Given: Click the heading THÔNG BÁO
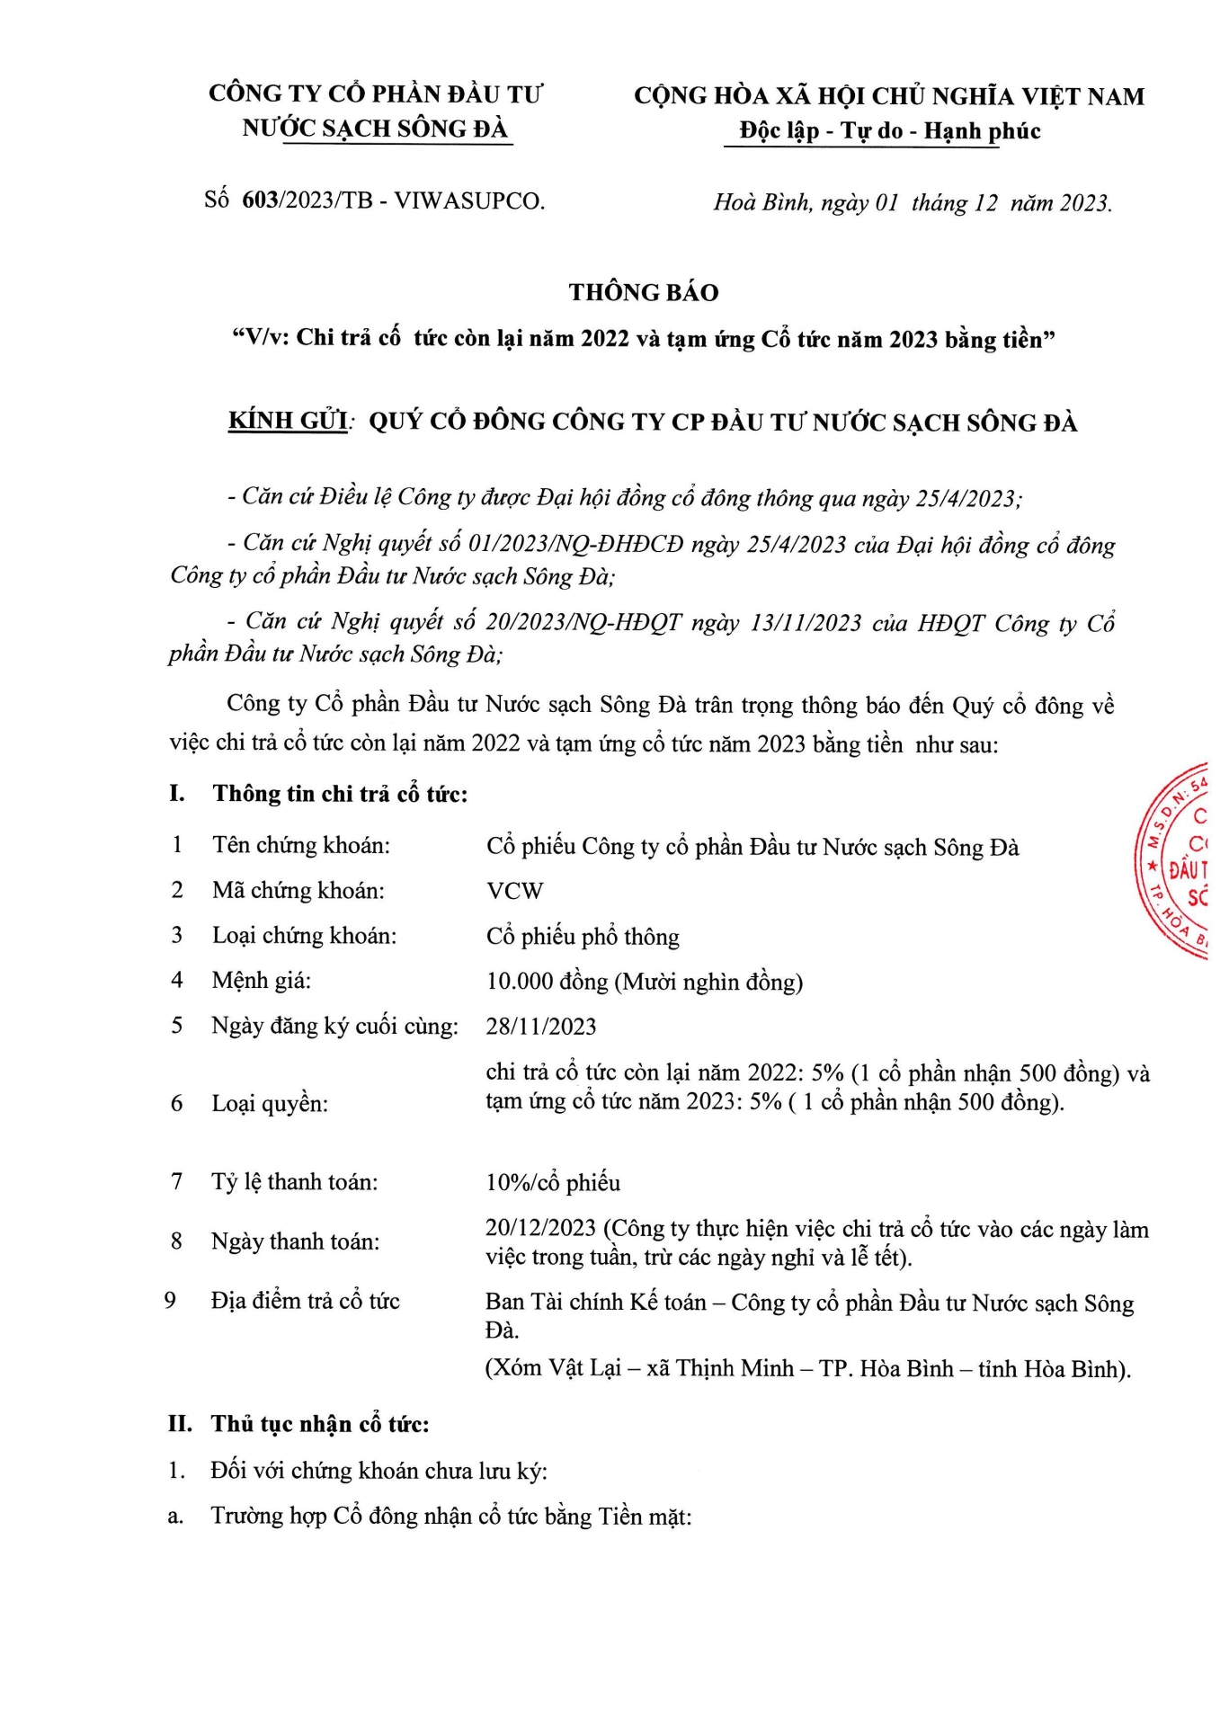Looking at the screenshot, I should click(644, 292).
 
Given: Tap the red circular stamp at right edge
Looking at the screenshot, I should click(1178, 861).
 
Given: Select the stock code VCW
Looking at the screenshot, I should click(515, 891).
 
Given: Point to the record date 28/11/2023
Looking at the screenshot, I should click(541, 1027).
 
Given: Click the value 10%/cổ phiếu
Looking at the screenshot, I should click(553, 1182).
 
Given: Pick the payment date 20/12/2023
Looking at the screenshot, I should click(540, 1228).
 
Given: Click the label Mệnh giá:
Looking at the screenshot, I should click(262, 980).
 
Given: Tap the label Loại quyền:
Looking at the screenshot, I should click(270, 1103).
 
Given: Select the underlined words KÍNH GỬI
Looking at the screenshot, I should click(289, 421).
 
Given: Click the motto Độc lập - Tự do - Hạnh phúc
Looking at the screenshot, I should click(889, 131).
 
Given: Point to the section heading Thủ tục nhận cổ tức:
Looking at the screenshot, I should click(320, 1424).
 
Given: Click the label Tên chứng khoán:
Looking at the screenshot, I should click(301, 845).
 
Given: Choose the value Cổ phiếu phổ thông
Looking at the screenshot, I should click(583, 937).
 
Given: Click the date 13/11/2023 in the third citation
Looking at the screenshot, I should click(806, 622).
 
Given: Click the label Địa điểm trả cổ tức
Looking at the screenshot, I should click(305, 1301).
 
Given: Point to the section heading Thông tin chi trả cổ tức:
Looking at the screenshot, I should click(340, 794).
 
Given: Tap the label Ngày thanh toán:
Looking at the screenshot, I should click(295, 1241).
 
